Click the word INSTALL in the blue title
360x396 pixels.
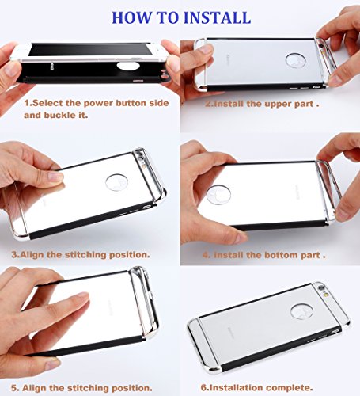pos(217,17)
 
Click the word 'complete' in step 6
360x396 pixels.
pos(289,388)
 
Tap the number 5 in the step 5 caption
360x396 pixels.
pos(14,388)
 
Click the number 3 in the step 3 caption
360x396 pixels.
pos(14,255)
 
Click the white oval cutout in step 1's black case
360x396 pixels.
pos(128,67)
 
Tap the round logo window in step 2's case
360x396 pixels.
pos(296,60)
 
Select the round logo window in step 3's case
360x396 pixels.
pos(116,182)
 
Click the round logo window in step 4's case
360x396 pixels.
pos(218,195)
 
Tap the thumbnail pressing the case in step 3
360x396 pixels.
pos(55,177)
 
